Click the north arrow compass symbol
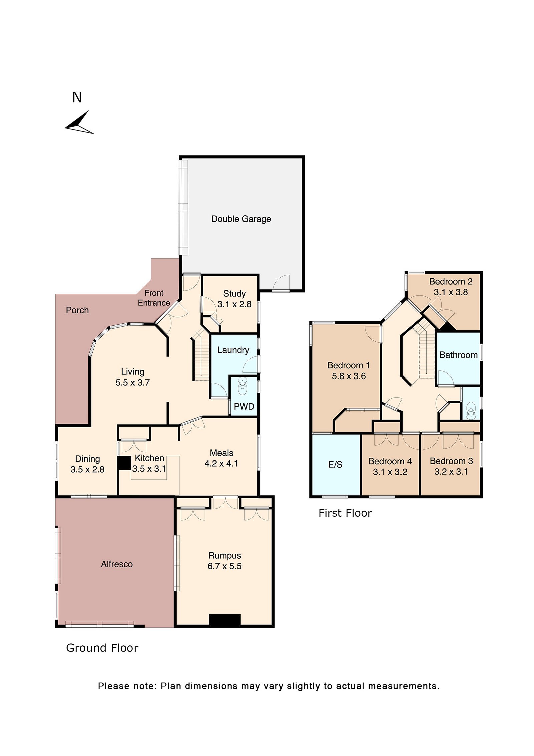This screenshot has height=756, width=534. point(79,123)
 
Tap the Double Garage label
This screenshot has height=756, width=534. point(241,219)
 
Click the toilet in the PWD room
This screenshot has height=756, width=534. point(243,387)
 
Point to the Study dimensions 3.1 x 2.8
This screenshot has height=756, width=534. point(234,304)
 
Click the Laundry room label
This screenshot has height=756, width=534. point(233,350)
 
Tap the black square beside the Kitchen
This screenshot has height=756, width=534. point(124,463)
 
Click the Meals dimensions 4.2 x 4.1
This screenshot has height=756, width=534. point(221,464)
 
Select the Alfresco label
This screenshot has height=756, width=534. point(117,564)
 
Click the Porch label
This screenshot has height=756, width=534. point(77,310)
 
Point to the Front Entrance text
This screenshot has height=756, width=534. point(154,298)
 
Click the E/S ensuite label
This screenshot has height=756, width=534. point(335,465)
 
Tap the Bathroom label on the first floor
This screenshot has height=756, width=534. point(458,355)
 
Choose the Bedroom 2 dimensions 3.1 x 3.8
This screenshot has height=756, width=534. point(451,292)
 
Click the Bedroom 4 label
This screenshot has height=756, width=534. point(390,461)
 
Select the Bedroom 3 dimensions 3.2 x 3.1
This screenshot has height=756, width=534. point(451,472)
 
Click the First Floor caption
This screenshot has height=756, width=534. point(345,513)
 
